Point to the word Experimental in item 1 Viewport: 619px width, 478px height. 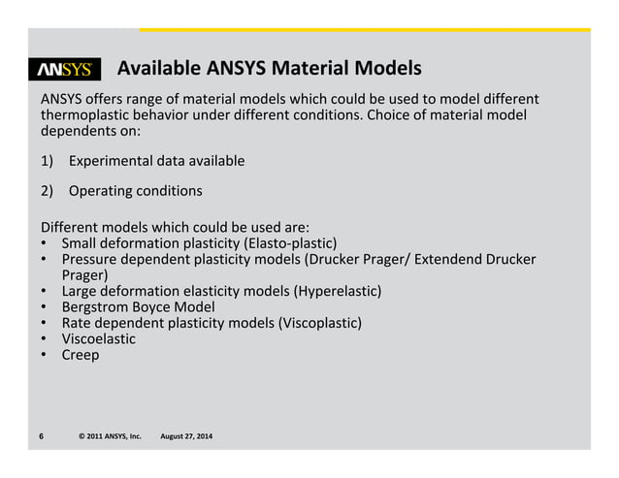click(115, 160)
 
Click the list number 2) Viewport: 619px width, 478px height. click(49, 190)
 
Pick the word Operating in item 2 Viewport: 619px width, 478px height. click(101, 190)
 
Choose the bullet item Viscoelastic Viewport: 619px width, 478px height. click(98, 338)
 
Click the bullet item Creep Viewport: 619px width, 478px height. click(81, 355)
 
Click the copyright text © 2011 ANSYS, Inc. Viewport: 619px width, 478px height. click(110, 437)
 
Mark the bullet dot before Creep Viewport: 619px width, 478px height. click(45, 355)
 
